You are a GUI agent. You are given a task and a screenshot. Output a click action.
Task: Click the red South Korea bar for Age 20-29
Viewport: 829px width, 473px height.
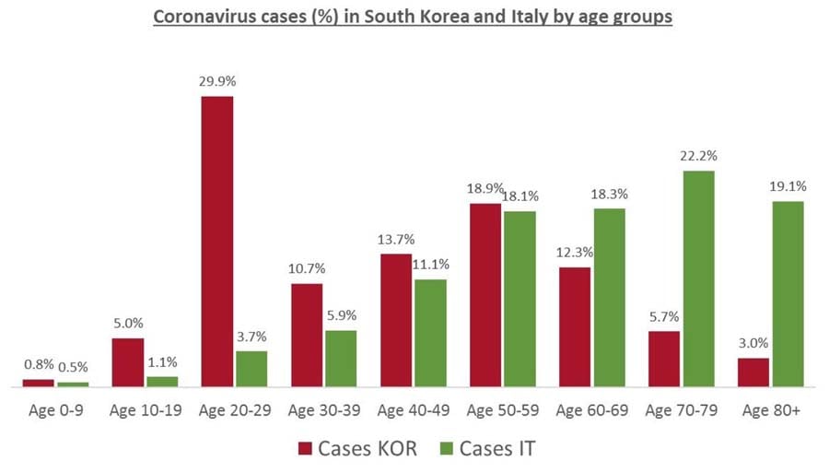coord(217,241)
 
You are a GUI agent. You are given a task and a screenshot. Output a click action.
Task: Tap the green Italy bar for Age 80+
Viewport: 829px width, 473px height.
coord(788,293)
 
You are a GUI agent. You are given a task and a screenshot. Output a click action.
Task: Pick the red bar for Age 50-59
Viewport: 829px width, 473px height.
coord(485,294)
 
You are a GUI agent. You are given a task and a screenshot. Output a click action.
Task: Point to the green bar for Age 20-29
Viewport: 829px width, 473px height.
coord(251,368)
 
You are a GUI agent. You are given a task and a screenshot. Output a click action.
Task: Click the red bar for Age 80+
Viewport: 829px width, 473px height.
coord(753,372)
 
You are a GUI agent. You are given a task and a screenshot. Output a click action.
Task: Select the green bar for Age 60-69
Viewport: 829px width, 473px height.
coord(610,297)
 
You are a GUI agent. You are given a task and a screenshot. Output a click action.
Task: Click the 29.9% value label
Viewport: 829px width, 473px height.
coord(216,81)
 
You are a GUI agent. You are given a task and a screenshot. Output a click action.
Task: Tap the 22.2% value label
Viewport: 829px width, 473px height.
coord(699,156)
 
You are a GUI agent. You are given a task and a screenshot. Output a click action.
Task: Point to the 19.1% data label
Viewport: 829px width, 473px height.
coord(788,185)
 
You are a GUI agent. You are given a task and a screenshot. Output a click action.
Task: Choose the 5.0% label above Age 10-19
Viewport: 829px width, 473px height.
coord(128,324)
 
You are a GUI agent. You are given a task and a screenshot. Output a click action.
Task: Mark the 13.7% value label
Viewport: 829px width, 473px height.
coord(396,239)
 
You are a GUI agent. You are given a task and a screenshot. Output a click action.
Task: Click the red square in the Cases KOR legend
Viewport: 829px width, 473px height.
coord(307,449)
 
